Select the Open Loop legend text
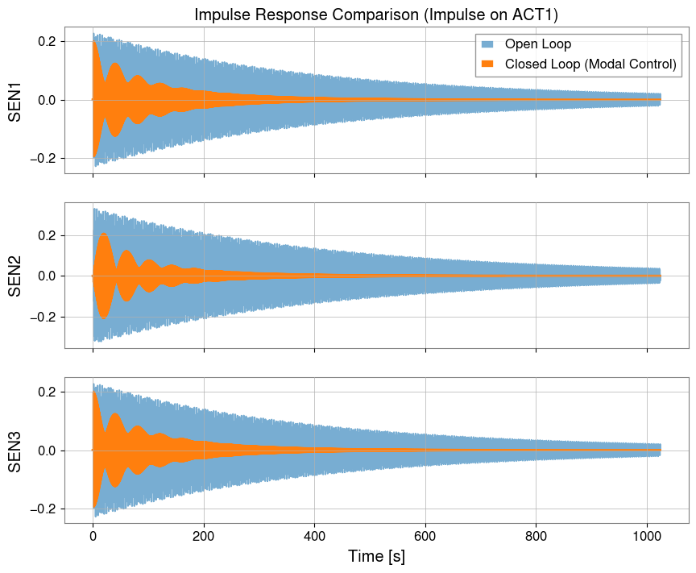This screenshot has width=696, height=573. [x=532, y=44]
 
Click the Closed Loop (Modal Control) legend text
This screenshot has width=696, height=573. [x=590, y=64]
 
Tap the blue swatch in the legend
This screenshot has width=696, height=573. [x=489, y=44]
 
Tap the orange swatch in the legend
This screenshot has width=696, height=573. [x=489, y=64]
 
